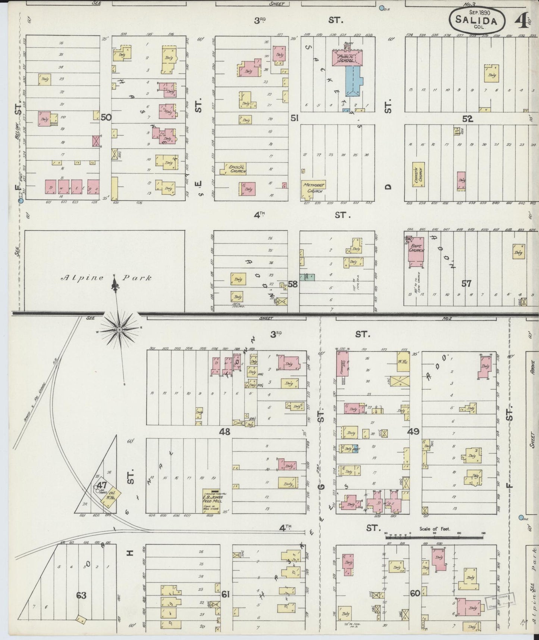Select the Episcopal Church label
point(236,169)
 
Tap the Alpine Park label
point(106,278)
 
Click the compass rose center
point(119,330)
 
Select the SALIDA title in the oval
point(478,21)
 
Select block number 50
point(106,117)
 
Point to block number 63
point(81,595)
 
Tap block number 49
point(413,432)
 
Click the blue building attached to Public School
point(354,80)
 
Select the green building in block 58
point(309,277)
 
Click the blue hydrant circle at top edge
point(381,7)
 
